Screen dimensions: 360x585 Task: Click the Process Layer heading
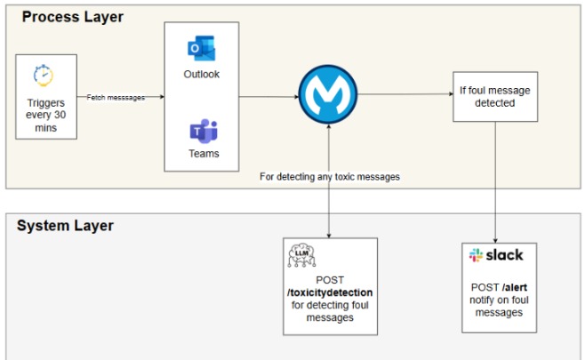(73, 17)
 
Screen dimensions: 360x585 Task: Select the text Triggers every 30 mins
(46, 115)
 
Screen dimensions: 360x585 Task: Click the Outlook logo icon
(201, 49)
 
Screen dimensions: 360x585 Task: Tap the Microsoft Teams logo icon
(202, 131)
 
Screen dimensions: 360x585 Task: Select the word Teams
(203, 153)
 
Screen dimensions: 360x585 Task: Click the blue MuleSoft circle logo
(329, 94)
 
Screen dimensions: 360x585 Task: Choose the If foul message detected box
(488, 96)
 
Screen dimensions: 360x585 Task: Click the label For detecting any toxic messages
(329, 176)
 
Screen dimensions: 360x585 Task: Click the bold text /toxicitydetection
(331, 292)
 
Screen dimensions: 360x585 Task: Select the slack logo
(496, 255)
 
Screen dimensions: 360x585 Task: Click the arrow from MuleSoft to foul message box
(405, 94)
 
